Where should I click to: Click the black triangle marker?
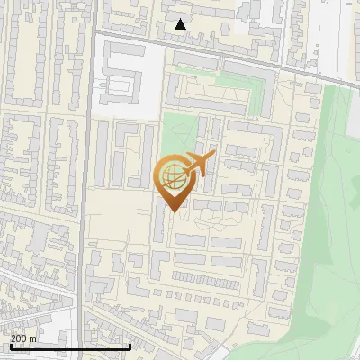181,25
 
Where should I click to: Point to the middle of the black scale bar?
69,346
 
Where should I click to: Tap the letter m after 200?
33,338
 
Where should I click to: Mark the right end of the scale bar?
130,346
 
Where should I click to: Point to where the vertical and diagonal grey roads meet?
94,31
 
